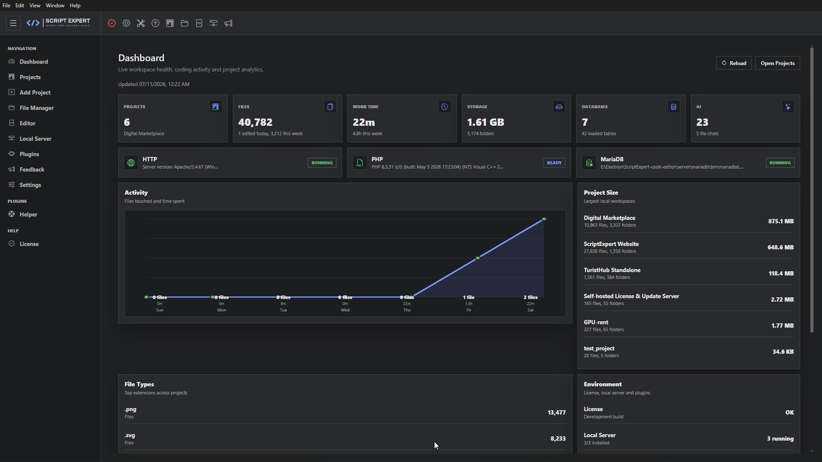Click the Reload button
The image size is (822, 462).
[x=734, y=63]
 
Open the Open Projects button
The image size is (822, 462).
[x=777, y=63]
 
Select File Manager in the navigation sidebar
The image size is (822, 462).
[x=36, y=108]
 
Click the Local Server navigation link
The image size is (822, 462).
[x=35, y=139]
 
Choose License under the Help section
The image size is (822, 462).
[x=29, y=244]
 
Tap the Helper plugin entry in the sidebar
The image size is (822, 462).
[x=28, y=214]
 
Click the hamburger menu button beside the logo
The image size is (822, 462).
[x=13, y=23]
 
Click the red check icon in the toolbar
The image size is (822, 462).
[x=112, y=23]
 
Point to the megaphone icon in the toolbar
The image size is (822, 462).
[x=228, y=23]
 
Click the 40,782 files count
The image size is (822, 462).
[x=255, y=122]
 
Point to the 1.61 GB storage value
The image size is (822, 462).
[x=485, y=122]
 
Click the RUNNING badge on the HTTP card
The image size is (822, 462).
[x=322, y=163]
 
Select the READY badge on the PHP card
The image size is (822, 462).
[x=554, y=163]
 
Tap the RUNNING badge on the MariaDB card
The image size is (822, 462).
[x=780, y=163]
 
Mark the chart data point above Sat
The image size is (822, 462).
[x=544, y=219]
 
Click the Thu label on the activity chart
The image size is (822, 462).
[x=407, y=310]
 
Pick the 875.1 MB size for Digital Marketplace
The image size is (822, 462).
[x=781, y=221]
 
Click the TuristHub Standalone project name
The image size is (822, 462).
[x=612, y=270]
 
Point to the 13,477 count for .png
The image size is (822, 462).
[x=557, y=412]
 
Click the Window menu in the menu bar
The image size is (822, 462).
[x=55, y=6]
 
